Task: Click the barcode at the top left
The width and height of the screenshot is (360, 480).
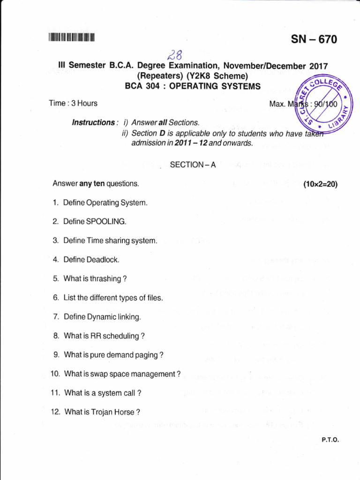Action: [71, 37]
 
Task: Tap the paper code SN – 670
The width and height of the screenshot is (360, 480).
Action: [314, 40]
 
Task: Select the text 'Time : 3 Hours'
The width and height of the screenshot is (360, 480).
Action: [73, 103]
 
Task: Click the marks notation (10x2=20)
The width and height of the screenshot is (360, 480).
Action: [320, 184]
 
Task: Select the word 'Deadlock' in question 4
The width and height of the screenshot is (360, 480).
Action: [103, 260]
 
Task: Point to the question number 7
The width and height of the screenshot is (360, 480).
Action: [56, 317]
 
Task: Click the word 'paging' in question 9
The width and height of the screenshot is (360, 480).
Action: [146, 355]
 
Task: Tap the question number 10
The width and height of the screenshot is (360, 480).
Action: [55, 374]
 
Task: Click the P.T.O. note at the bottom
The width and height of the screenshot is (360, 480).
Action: [330, 440]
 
